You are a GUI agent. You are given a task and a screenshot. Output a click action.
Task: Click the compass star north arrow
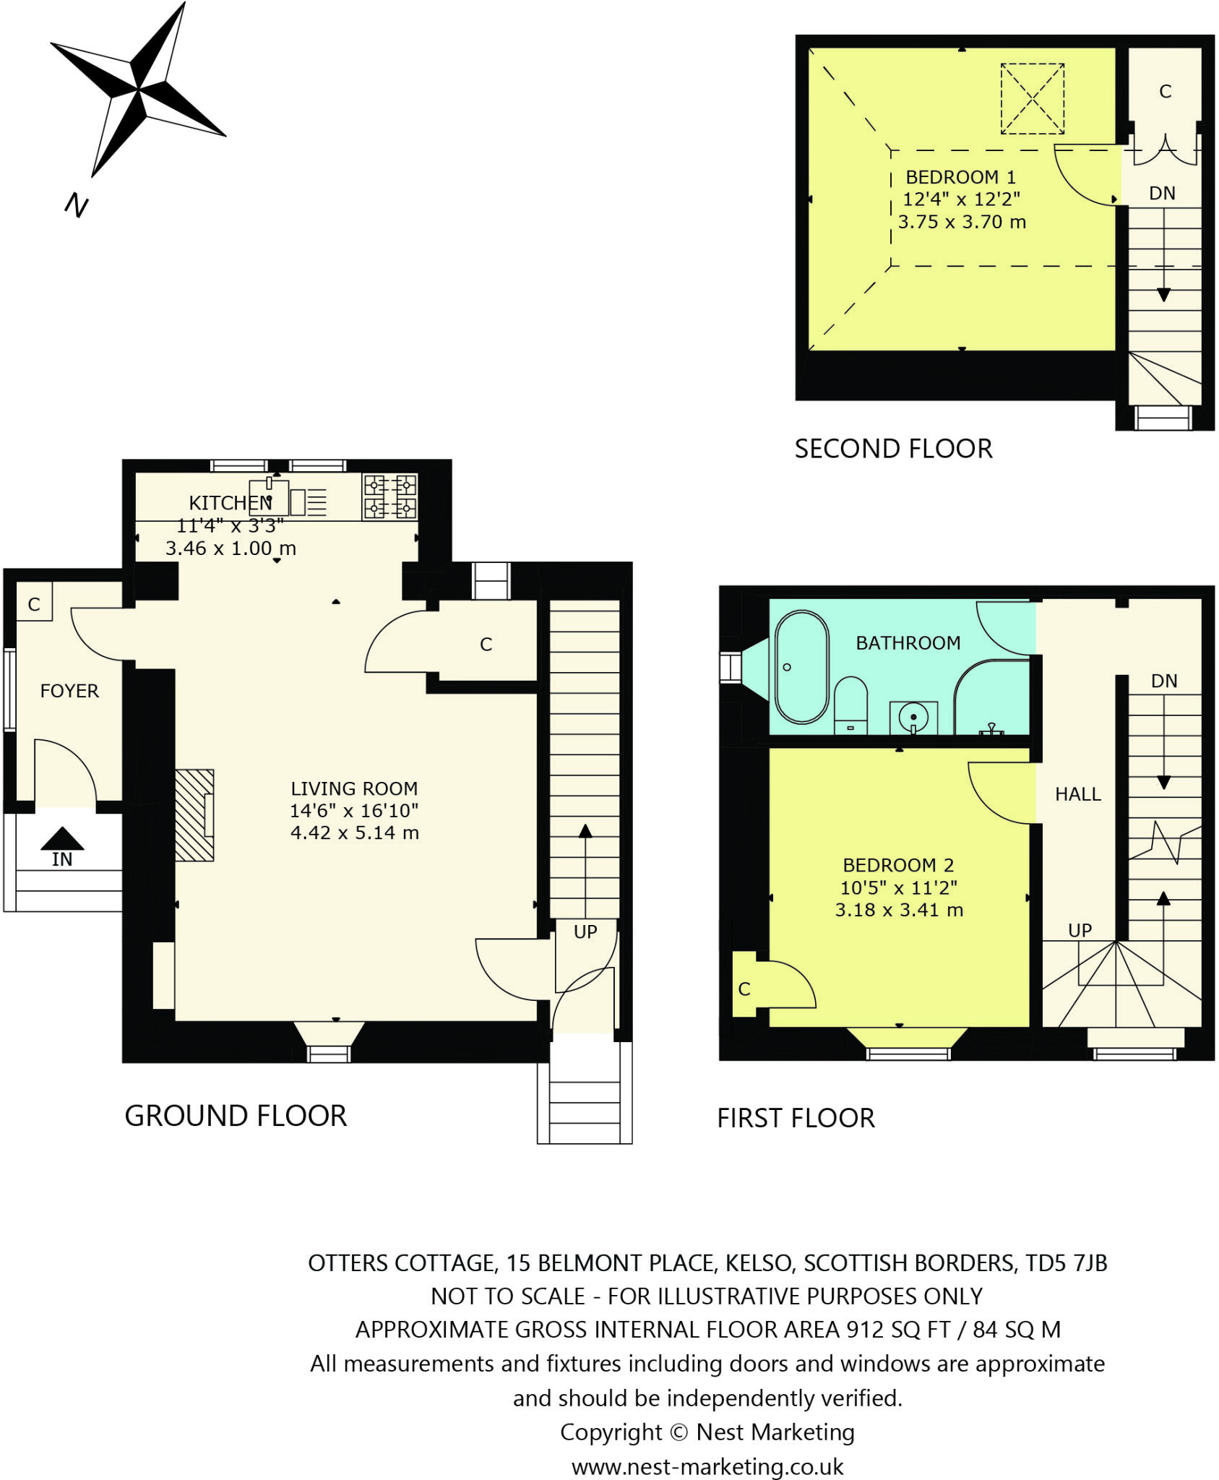click(137, 91)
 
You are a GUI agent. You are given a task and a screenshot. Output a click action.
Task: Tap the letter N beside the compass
click(76, 205)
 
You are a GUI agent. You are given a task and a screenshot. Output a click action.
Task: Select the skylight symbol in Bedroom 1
click(1032, 98)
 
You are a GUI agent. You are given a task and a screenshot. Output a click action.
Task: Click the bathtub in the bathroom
click(801, 666)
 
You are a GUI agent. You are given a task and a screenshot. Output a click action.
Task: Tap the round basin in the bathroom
click(913, 717)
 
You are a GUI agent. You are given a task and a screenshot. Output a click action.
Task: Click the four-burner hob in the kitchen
click(390, 496)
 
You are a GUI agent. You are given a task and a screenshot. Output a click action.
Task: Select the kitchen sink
click(269, 497)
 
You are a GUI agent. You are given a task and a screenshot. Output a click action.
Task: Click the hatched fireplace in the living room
click(194, 814)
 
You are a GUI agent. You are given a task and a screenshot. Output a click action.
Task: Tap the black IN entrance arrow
click(62, 839)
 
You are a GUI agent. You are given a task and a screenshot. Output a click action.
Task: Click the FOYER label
click(69, 691)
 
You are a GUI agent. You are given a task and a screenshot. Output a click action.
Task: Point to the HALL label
click(1077, 794)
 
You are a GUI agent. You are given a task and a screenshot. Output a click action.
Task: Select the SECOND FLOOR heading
click(893, 449)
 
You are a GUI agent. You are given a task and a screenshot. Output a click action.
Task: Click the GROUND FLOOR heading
click(236, 1116)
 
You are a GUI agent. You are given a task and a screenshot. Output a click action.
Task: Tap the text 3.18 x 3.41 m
click(899, 910)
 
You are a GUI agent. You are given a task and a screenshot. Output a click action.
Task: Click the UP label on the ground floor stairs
click(585, 932)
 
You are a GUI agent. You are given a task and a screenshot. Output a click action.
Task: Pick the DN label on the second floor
click(1162, 193)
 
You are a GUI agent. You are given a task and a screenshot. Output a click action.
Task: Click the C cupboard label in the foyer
click(34, 604)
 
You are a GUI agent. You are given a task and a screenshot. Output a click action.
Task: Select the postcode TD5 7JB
click(1066, 1262)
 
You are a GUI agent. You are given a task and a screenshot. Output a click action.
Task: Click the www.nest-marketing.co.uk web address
click(707, 1466)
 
